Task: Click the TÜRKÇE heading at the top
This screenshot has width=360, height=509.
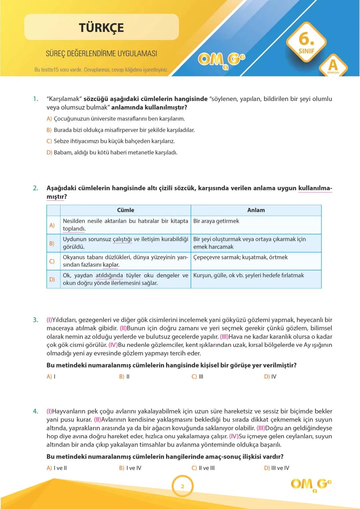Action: [101, 27]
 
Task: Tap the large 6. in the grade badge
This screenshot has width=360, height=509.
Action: [306, 39]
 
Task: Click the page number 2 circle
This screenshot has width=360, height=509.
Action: [182, 486]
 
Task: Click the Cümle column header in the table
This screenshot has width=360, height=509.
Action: [125, 210]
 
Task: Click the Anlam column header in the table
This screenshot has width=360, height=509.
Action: [256, 210]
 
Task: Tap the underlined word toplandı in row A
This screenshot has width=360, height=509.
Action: [74, 229]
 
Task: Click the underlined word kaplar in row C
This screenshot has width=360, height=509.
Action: [111, 265]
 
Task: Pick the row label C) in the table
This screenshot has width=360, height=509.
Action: [52, 261]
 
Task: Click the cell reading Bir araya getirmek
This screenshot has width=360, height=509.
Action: [216, 221]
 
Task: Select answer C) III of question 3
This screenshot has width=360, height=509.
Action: [197, 376]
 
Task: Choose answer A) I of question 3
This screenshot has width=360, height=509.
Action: [51, 376]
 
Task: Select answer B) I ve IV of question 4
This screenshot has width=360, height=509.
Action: [130, 468]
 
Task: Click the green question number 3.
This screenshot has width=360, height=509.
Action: [35, 320]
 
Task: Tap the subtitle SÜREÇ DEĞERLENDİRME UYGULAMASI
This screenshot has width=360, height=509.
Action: [101, 54]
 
